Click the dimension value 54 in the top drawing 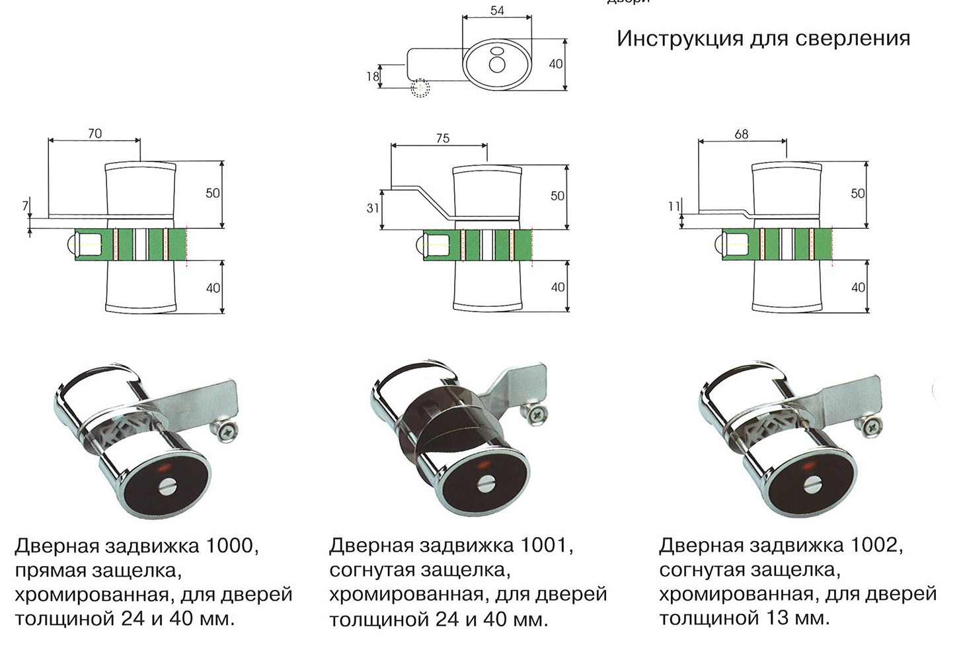497,11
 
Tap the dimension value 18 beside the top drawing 373,76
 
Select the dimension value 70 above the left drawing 95,133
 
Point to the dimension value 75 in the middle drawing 443,138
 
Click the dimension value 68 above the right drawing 742,134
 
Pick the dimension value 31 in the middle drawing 373,208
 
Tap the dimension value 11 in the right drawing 673,206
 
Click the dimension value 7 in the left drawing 26,206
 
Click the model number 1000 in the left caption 229,546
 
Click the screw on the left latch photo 227,431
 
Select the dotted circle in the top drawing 420,88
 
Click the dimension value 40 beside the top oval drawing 556,63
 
